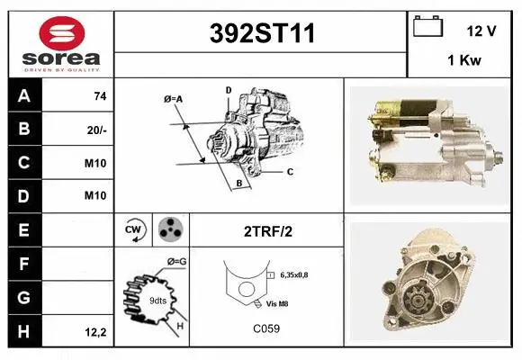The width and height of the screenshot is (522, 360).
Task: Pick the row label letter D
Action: (x=24, y=196)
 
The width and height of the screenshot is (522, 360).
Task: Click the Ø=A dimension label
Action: (x=174, y=98)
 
